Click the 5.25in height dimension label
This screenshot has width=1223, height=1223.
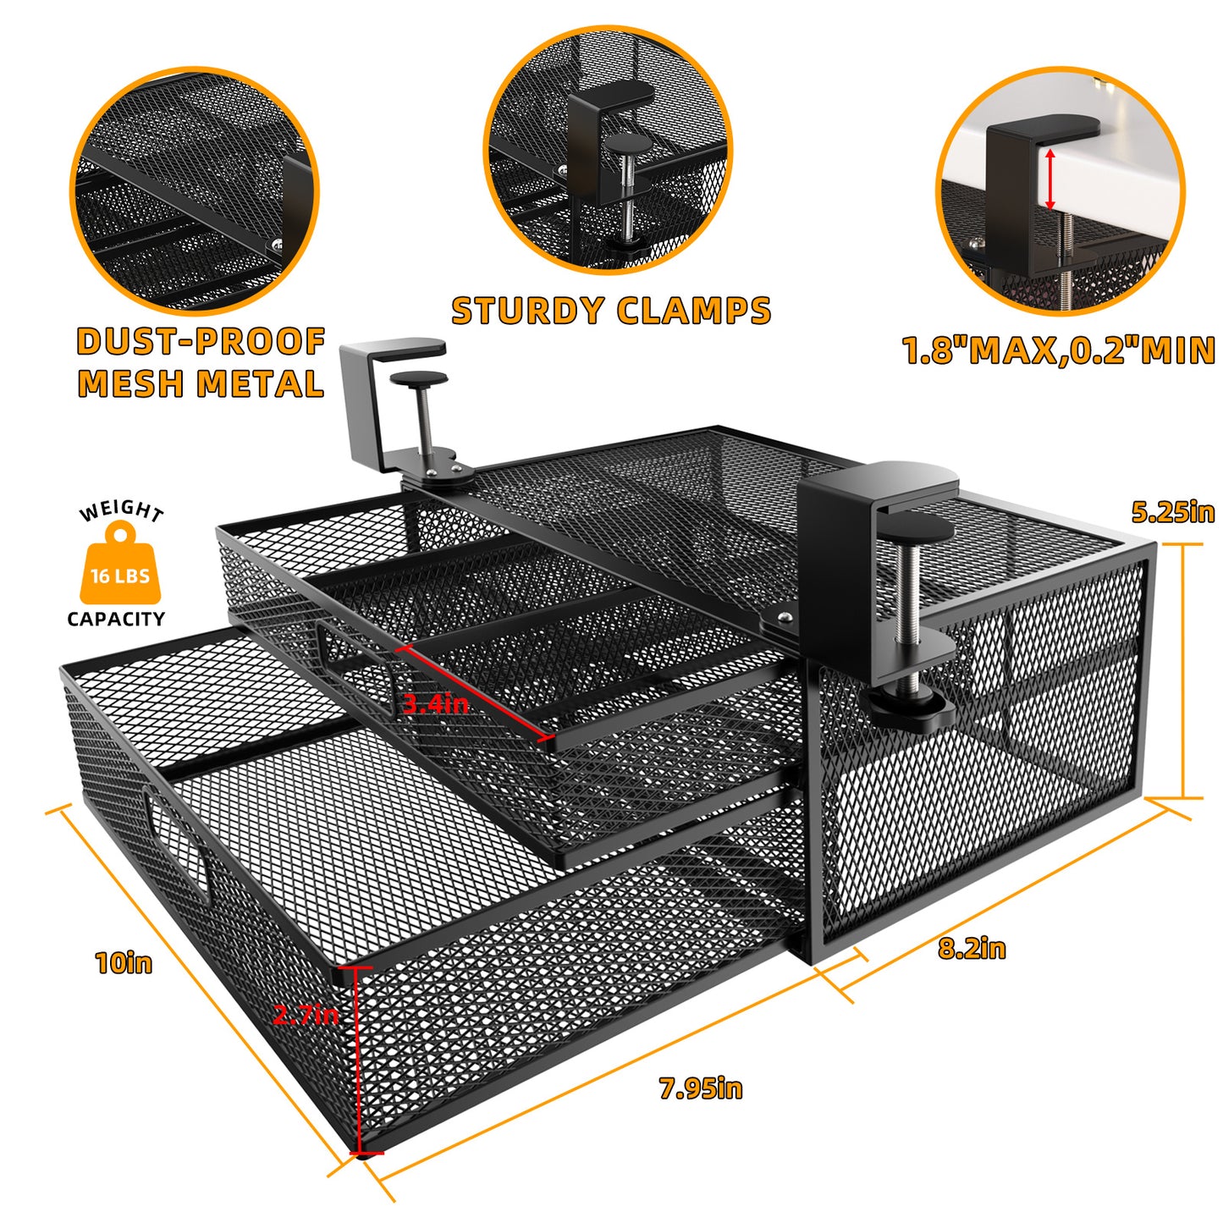(x=1172, y=512)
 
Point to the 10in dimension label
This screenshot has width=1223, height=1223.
(x=124, y=963)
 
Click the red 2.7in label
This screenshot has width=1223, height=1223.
(x=306, y=1014)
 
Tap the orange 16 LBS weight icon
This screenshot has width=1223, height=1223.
(x=119, y=563)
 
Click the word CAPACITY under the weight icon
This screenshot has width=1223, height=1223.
(x=116, y=619)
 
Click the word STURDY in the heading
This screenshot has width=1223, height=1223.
(x=528, y=311)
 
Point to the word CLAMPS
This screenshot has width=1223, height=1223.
(x=694, y=311)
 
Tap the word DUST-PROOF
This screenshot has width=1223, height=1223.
(x=201, y=342)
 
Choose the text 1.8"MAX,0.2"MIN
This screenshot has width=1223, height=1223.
(x=1059, y=350)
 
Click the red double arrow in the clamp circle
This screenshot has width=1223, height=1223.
(x=1049, y=179)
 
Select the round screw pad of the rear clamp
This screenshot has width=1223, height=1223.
(x=418, y=379)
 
